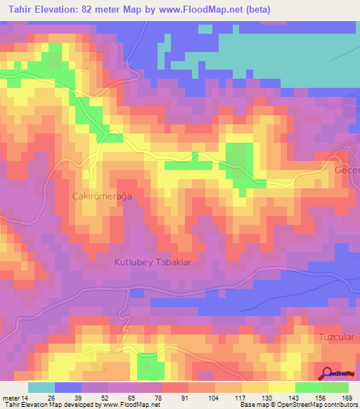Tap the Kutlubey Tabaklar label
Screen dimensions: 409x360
pos(153,261)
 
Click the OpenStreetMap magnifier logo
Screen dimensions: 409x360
pos(327,375)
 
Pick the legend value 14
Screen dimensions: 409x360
pos(25,398)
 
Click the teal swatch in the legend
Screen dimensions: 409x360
pos(41,387)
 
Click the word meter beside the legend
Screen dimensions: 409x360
pos(11,398)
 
